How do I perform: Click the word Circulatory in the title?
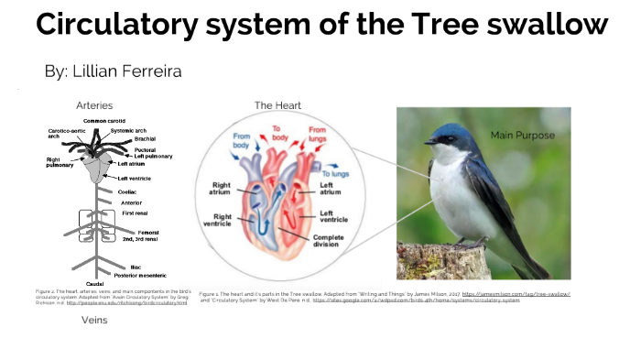(121, 25)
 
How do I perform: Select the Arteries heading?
(94, 105)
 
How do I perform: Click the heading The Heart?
(277, 105)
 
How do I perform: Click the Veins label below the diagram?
(95, 320)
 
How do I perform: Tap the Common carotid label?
(105, 121)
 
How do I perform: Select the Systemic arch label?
(129, 131)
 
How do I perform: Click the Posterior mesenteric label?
(136, 275)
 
